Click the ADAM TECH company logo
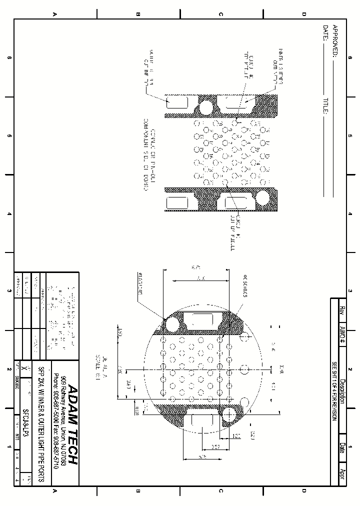click(x=72, y=425)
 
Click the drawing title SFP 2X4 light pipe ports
click(x=41, y=425)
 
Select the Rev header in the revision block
click(x=342, y=310)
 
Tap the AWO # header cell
click(x=342, y=335)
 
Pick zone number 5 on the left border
click(x=9, y=136)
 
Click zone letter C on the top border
click(x=220, y=14)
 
